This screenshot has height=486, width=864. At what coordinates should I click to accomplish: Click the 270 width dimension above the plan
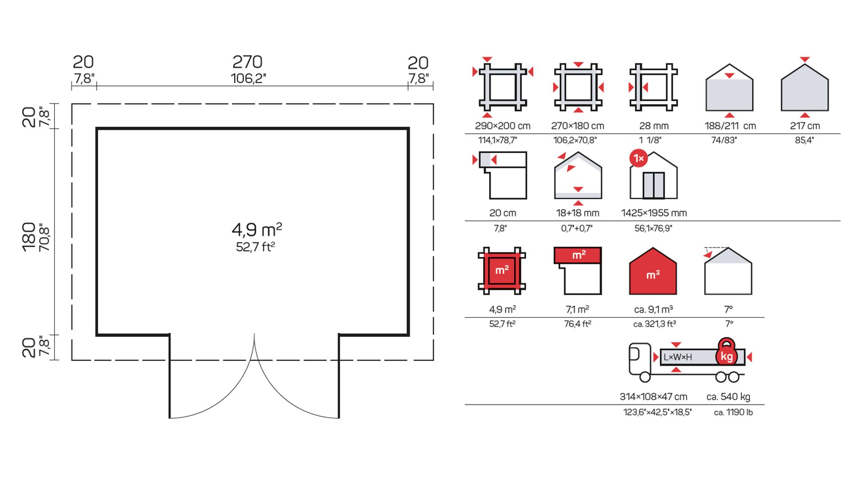click(247, 62)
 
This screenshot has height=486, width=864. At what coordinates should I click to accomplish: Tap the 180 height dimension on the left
click(28, 237)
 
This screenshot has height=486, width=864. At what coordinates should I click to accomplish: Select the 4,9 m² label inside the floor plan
click(257, 229)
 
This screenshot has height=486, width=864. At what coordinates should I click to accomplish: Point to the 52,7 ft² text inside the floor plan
click(256, 247)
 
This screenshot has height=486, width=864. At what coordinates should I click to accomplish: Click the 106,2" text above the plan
click(248, 78)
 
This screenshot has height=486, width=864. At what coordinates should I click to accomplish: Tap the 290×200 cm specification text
click(503, 126)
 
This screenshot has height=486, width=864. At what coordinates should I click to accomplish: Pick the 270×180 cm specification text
click(578, 126)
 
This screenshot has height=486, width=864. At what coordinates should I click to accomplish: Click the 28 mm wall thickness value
click(654, 126)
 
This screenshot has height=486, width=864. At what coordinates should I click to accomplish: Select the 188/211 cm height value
click(730, 126)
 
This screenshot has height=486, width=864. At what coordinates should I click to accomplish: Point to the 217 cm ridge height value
click(805, 126)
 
